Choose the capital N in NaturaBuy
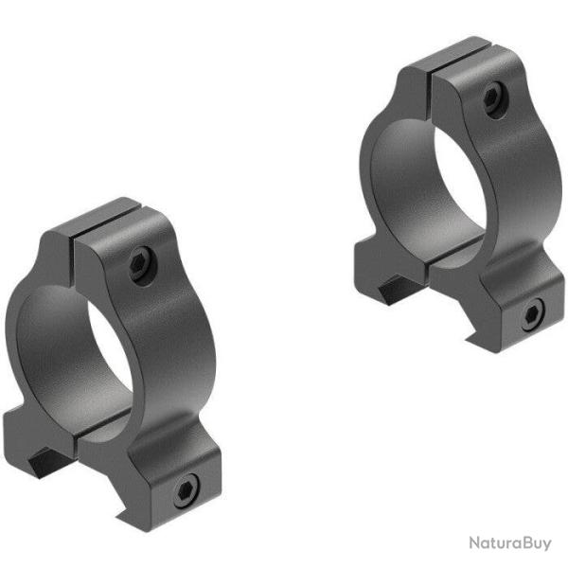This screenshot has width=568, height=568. point(472,542)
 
